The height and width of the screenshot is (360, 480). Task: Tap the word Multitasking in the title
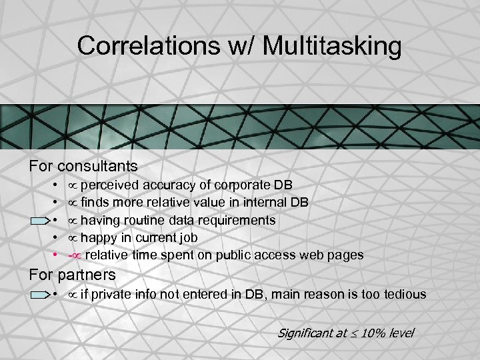(333, 47)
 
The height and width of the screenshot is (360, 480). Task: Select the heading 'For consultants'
(83, 165)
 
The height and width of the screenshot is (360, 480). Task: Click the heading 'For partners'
(72, 274)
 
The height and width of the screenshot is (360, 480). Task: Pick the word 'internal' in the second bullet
(267, 203)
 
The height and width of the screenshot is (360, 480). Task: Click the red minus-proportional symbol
(74, 255)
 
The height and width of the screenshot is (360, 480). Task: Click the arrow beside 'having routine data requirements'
(39, 220)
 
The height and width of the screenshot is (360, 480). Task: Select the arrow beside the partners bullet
(39, 294)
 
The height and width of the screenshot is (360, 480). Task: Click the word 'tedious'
(405, 294)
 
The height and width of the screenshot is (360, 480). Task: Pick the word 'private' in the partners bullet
(111, 294)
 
